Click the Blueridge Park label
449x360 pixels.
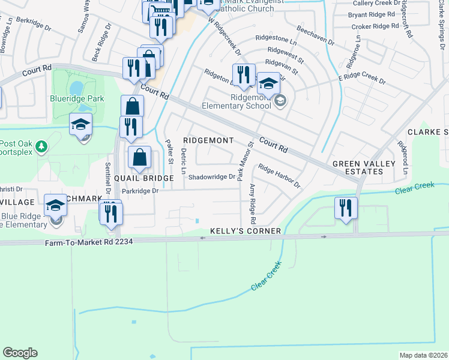pos(78,99)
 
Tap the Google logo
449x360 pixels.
pos(20,353)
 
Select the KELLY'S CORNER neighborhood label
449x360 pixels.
pos(246,231)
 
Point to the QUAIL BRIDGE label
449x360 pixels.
pos(144,178)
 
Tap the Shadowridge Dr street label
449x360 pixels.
pos(211,177)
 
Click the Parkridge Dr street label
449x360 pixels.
pos(139,191)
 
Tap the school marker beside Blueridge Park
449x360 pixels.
pos(80,125)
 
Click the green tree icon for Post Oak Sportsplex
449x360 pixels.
pos(41,146)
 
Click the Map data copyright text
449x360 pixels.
pos(424,355)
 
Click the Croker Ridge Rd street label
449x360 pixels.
pos(375,26)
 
